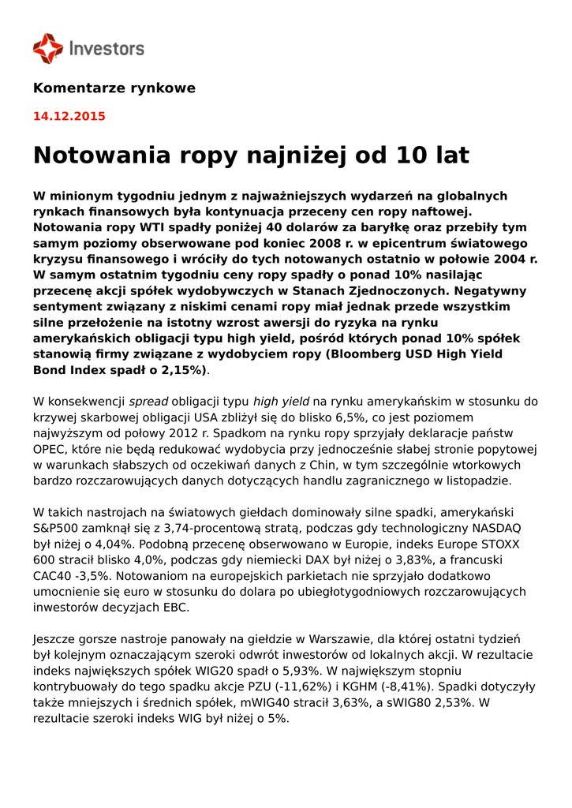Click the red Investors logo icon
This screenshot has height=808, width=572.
click(47, 48)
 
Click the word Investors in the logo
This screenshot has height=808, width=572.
click(107, 49)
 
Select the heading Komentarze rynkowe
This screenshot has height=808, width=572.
click(114, 88)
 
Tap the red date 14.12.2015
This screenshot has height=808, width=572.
click(69, 116)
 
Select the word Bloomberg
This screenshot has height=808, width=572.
click(369, 353)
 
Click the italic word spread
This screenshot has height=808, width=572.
click(148, 402)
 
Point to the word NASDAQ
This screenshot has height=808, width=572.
click(495, 528)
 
